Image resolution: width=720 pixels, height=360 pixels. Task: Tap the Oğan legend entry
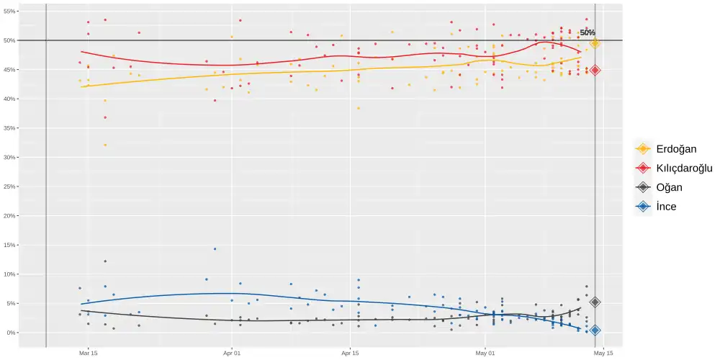tap(669, 187)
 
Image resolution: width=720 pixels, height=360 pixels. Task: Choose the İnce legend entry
tap(666, 207)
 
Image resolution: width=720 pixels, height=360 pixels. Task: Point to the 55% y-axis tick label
tap(9, 11)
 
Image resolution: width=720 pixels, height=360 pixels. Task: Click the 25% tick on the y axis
tap(9, 157)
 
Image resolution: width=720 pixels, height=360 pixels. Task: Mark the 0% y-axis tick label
tap(11, 333)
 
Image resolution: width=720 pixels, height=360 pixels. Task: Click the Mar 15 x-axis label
tap(89, 353)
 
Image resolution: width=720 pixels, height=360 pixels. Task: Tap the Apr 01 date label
tap(232, 353)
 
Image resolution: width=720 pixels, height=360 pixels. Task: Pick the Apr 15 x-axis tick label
tap(350, 353)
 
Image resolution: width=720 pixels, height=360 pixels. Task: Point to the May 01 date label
tap(486, 353)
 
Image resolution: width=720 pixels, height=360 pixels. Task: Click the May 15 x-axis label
tap(603, 353)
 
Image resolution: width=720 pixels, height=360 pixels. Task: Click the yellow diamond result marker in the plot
tap(595, 43)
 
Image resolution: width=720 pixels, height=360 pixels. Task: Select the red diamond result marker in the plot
tap(595, 70)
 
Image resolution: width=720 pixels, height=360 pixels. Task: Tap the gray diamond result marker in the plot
tap(595, 302)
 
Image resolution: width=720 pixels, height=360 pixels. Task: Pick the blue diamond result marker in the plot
tap(595, 330)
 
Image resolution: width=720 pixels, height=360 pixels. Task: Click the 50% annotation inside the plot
tap(588, 32)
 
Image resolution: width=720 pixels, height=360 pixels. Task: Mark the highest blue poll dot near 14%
tap(215, 249)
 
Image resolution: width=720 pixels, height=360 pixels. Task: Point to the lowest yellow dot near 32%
tap(105, 145)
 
